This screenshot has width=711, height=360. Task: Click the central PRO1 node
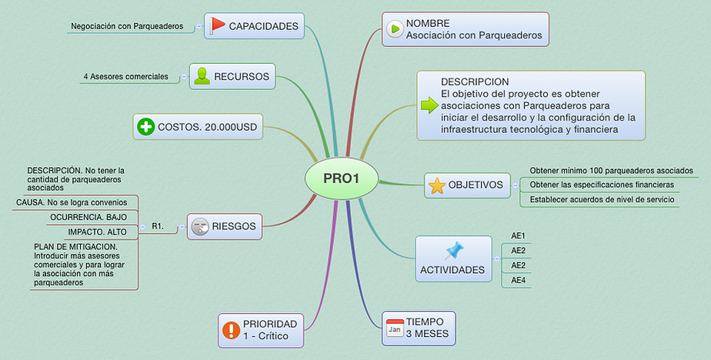(x=341, y=178)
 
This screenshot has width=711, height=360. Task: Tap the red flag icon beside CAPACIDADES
(x=218, y=25)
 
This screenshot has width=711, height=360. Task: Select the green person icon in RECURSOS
(x=202, y=75)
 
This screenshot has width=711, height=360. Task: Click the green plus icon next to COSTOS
(x=145, y=126)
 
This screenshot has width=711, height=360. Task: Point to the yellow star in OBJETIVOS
(x=436, y=185)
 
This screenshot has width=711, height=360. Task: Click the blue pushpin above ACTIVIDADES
(x=454, y=250)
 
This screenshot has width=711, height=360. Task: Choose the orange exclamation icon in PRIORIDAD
(x=231, y=330)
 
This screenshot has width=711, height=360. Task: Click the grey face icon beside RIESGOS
(x=200, y=226)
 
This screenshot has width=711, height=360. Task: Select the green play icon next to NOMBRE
(x=395, y=29)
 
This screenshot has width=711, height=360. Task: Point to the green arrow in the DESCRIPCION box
(x=429, y=106)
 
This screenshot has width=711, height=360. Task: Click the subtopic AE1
(x=518, y=236)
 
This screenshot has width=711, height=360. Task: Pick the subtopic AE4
(x=518, y=280)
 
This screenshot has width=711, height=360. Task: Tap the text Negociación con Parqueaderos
(x=127, y=26)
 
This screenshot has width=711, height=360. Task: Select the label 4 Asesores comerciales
(x=126, y=76)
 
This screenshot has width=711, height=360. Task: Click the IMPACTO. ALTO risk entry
(x=98, y=232)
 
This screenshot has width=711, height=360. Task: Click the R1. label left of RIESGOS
(x=158, y=226)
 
